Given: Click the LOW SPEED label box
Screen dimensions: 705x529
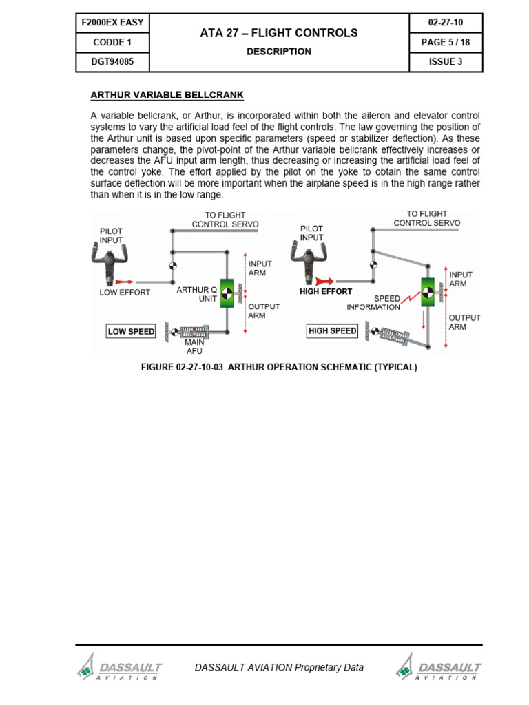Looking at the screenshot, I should [131, 331].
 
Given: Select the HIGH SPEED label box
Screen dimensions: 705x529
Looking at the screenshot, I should [333, 331].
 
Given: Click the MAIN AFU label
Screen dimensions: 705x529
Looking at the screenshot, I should [194, 346].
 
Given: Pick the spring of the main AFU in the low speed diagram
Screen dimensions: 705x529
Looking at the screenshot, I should [194, 332].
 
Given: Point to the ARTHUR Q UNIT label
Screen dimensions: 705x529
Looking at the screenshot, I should [197, 295].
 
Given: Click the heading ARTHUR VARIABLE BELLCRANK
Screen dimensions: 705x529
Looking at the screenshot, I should [167, 94].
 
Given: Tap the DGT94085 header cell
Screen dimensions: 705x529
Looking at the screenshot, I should [113, 61].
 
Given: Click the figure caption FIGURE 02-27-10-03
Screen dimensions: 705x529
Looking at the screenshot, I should [279, 367].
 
